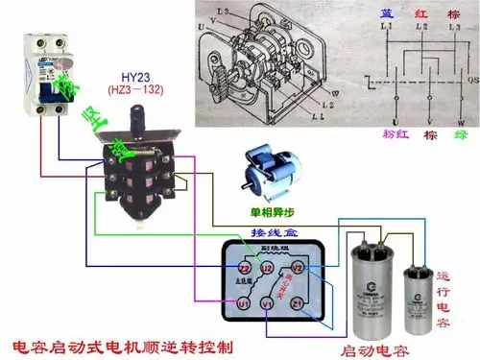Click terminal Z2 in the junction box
[x=245, y=268]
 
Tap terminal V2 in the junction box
[x=298, y=268]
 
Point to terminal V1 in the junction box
[x=269, y=304]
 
